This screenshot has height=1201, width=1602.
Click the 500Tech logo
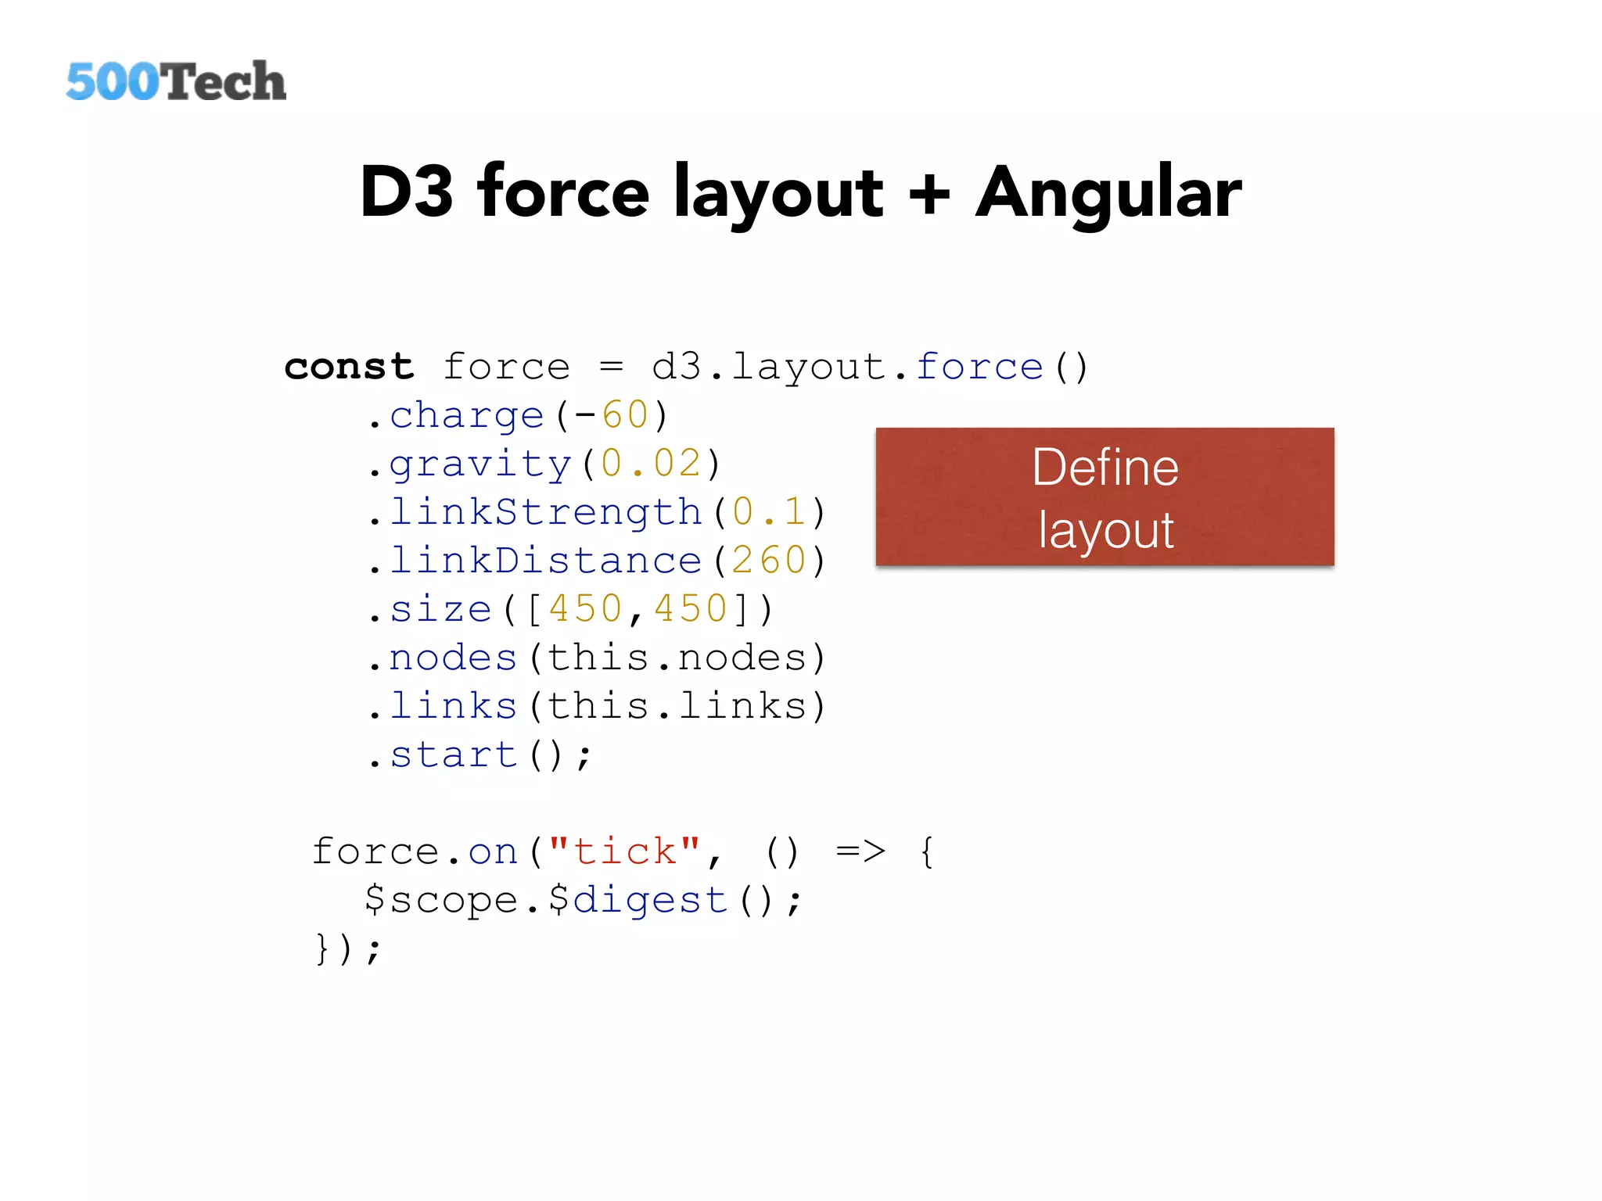(176, 81)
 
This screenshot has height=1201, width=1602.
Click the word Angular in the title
(1108, 193)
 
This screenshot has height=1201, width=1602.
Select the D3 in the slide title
(406, 192)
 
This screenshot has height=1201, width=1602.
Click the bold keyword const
(349, 367)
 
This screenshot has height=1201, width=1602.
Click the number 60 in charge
(625, 415)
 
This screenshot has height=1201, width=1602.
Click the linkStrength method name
(545, 512)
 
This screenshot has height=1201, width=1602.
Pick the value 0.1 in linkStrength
(769, 512)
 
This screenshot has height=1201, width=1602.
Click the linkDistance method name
(545, 561)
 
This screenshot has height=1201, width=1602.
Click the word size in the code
(440, 609)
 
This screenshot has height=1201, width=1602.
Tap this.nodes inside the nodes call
(677, 658)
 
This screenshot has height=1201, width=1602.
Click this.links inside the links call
(677, 706)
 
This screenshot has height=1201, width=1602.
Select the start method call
(454, 755)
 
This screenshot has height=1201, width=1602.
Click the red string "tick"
(624, 851)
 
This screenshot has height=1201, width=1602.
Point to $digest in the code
(638, 900)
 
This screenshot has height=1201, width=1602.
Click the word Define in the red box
(1105, 468)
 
